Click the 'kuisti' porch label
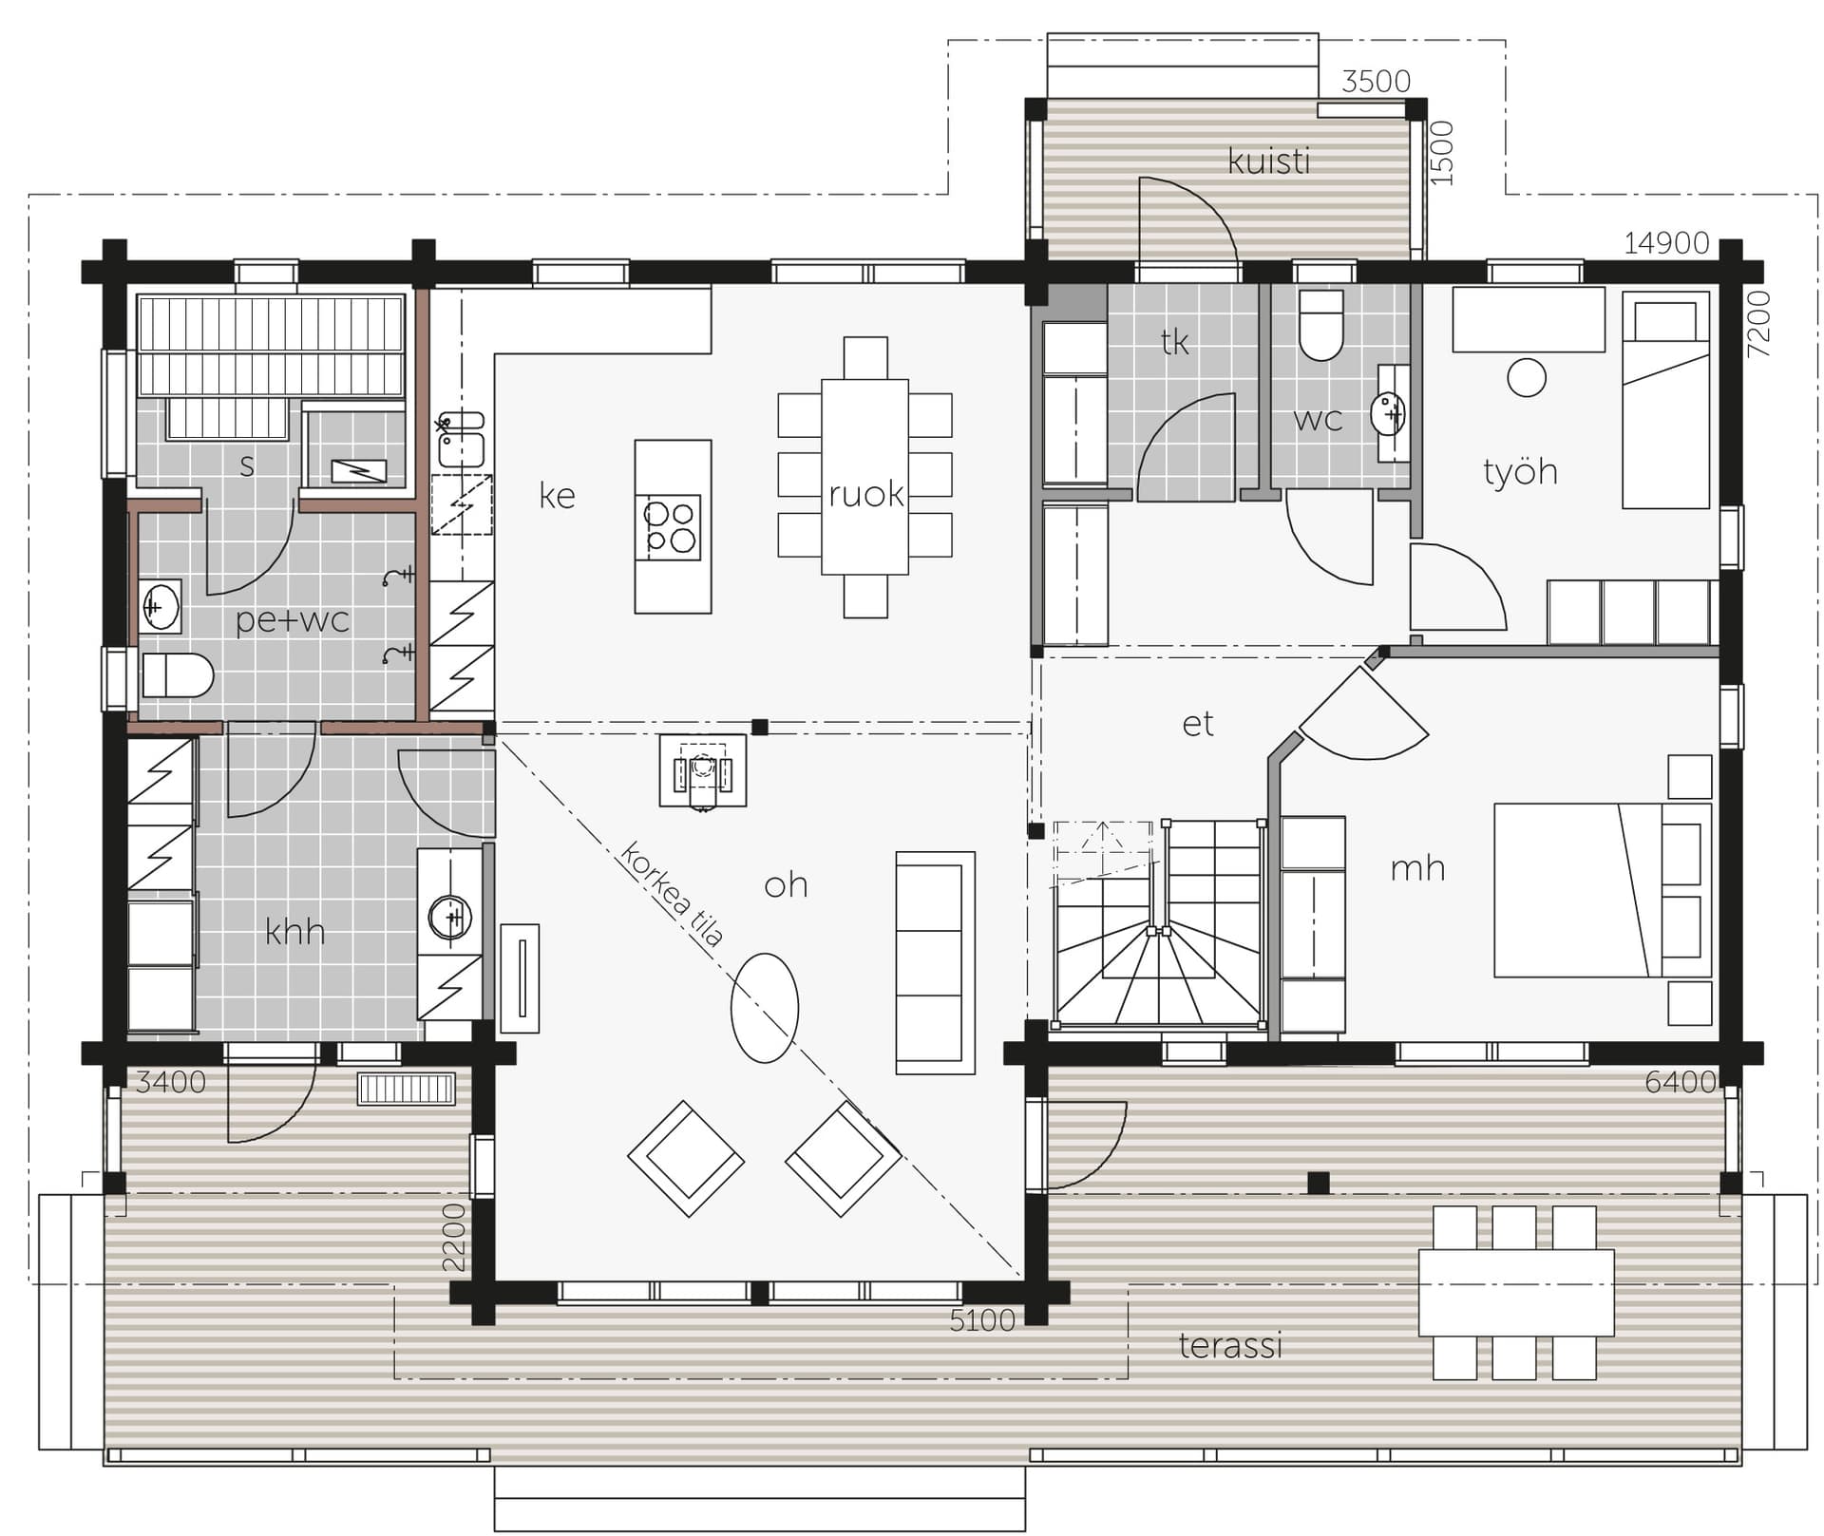[1269, 161]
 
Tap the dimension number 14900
[1666, 244]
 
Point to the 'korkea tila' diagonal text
[672, 894]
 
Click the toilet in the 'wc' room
[1320, 325]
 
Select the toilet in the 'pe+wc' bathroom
[178, 675]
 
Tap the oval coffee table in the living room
[765, 1008]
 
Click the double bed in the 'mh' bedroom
[1603, 890]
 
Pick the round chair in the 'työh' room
[1527, 377]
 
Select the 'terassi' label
[1230, 1345]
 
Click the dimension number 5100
[982, 1320]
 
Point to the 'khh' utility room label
[294, 932]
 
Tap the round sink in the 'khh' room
[450, 918]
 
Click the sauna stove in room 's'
[359, 470]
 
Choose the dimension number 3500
[1376, 82]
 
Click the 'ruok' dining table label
[865, 495]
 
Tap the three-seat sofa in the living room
[936, 963]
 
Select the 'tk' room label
[1175, 342]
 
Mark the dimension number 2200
[454, 1238]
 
